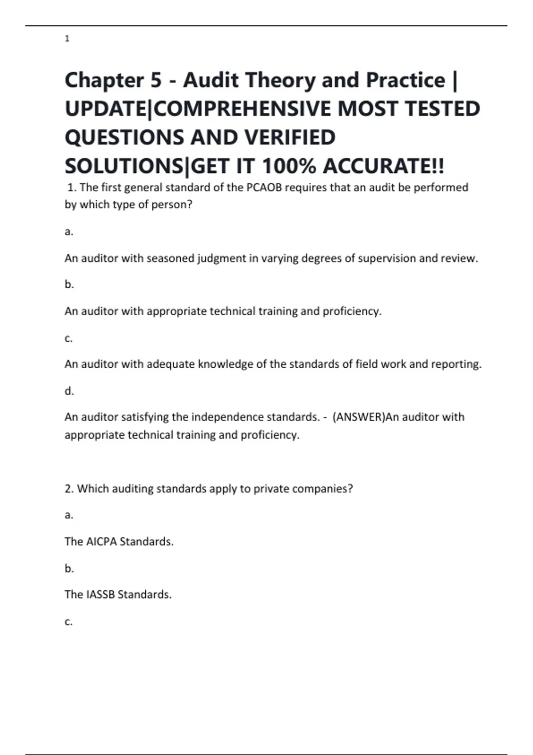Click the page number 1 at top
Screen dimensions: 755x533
(67, 39)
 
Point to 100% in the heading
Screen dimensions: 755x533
(289, 167)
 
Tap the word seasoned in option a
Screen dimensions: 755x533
(170, 258)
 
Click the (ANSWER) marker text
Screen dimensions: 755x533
(358, 417)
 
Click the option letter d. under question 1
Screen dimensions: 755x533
(69, 391)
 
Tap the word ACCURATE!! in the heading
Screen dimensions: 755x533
(383, 167)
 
